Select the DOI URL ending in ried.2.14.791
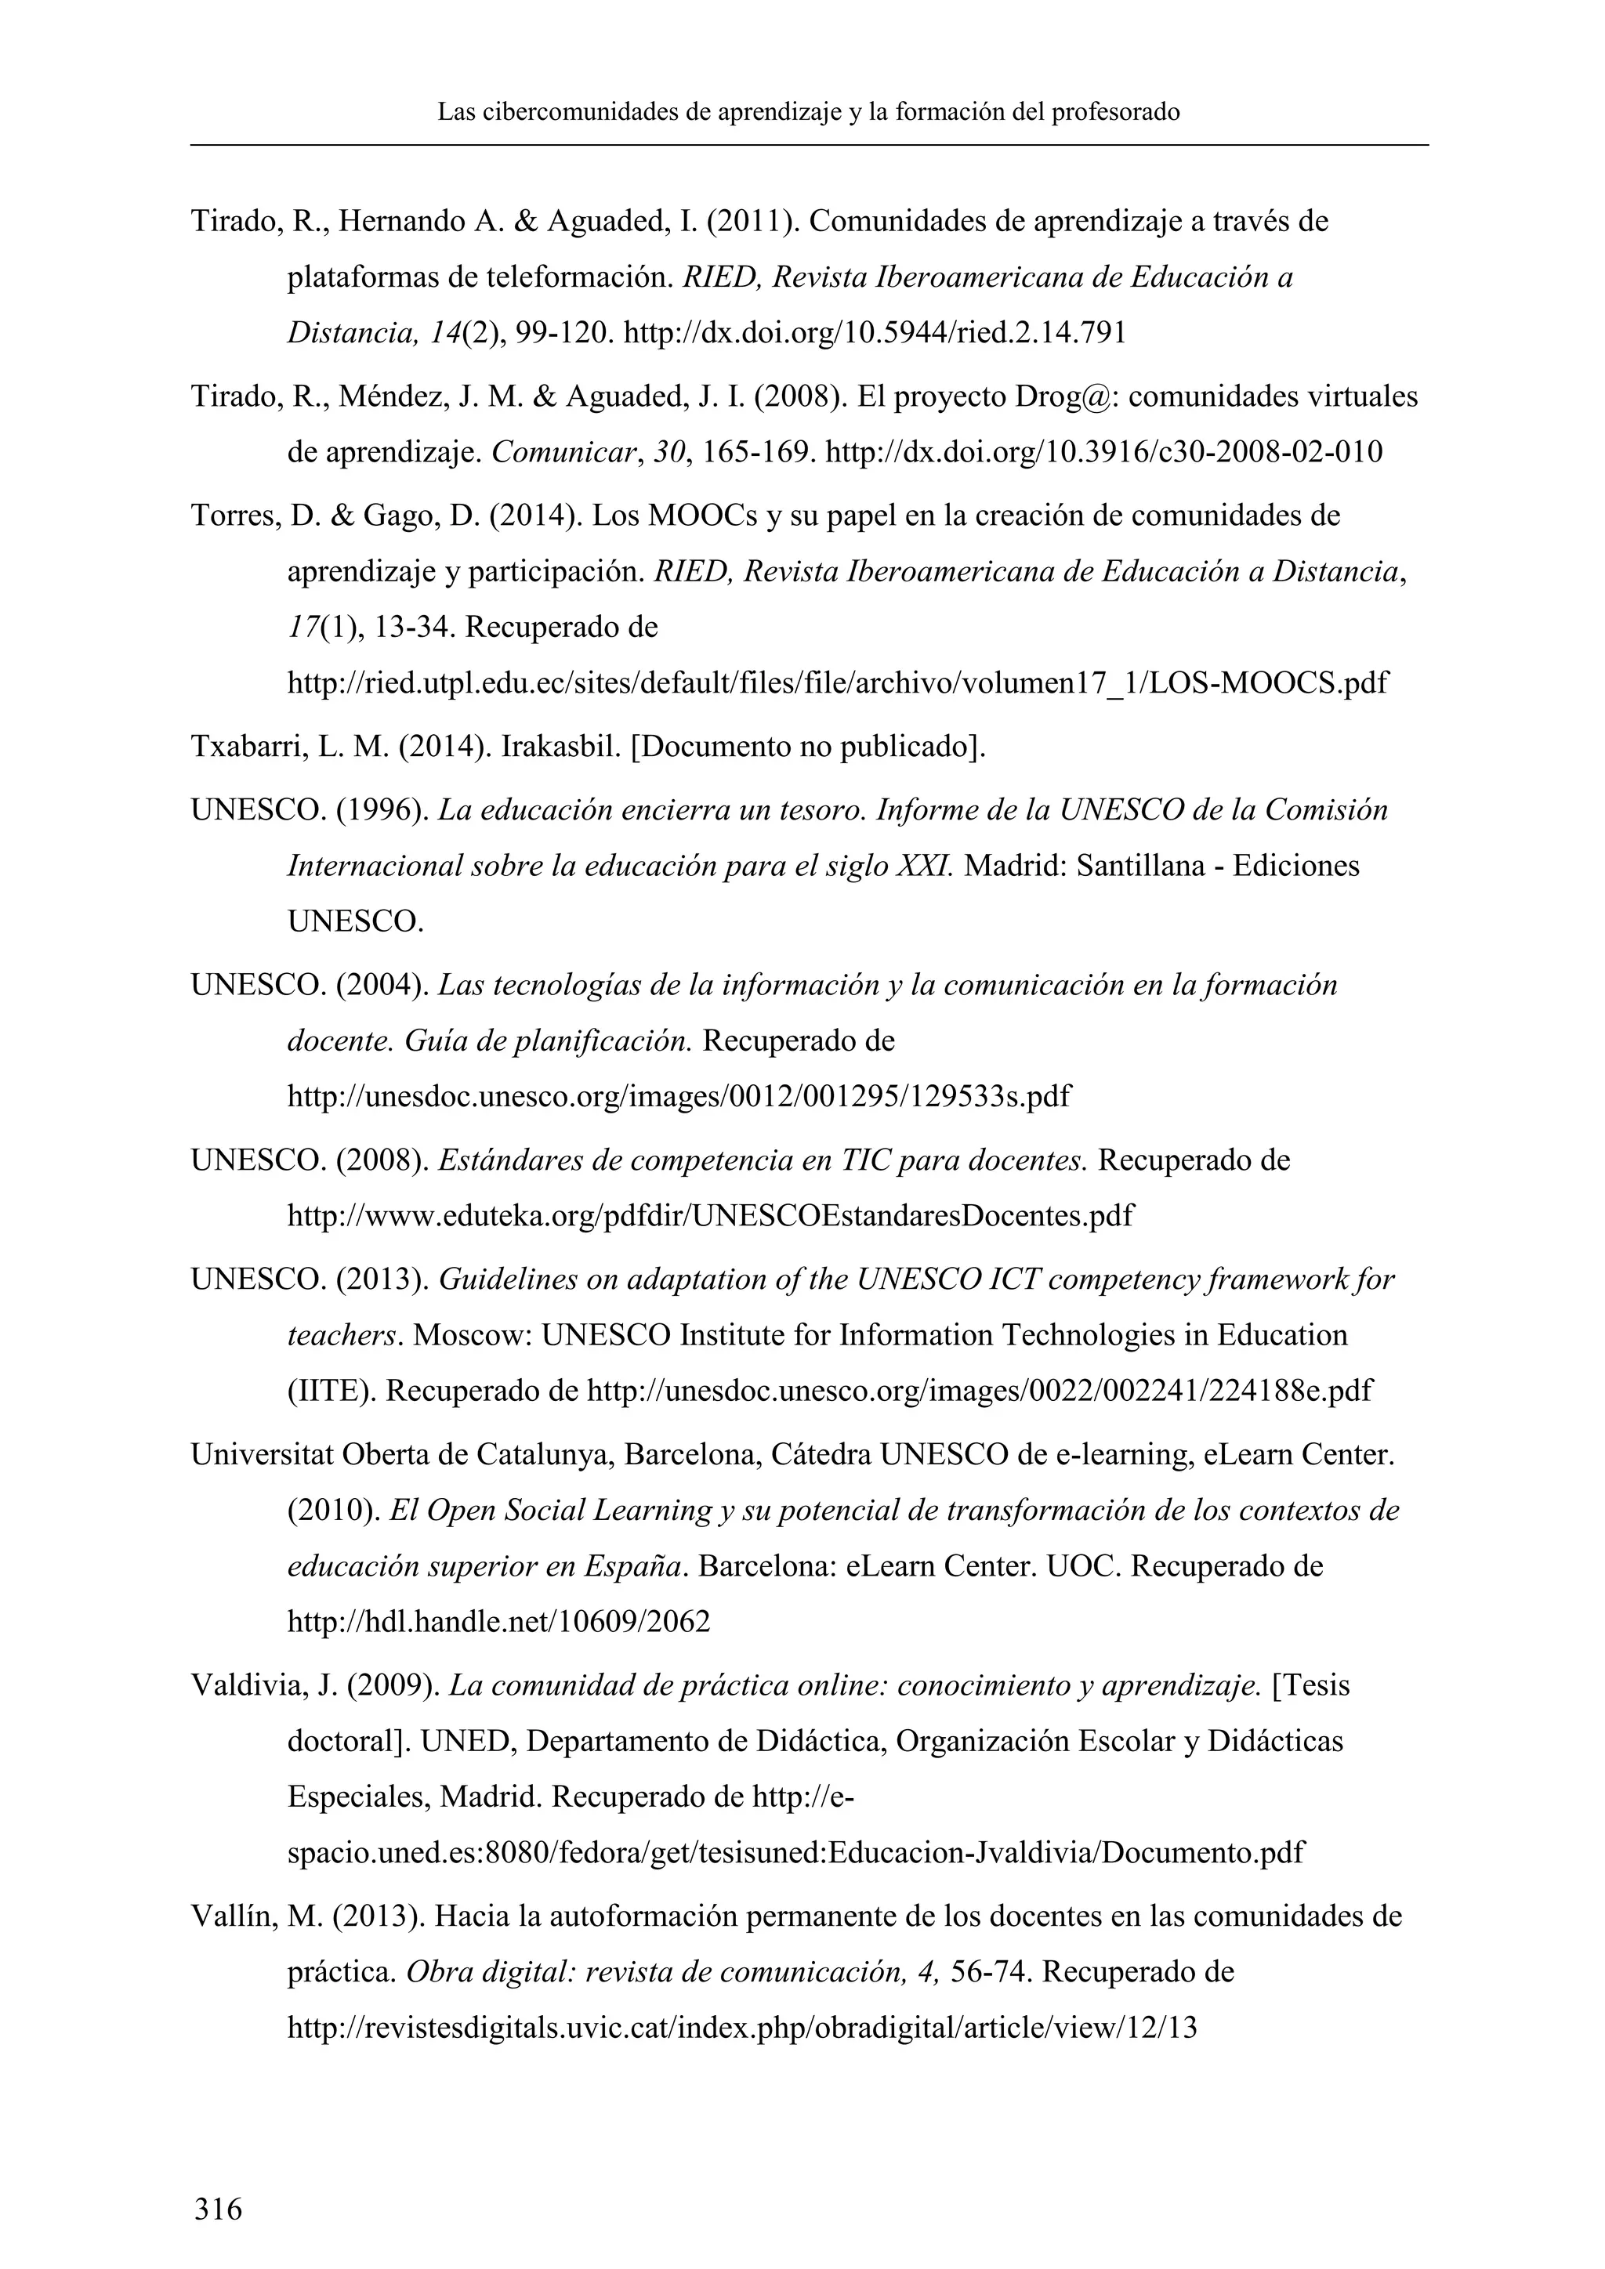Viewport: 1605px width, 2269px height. [x=875, y=333]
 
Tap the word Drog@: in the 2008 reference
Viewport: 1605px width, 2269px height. [x=1067, y=396]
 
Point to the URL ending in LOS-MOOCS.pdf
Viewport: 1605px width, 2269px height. [x=837, y=682]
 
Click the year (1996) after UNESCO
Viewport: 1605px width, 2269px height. [x=382, y=810]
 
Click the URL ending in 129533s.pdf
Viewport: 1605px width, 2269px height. [x=678, y=1096]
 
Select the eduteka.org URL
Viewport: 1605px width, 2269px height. [x=709, y=1214]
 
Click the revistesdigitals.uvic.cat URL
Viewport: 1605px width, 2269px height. [x=741, y=2028]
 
